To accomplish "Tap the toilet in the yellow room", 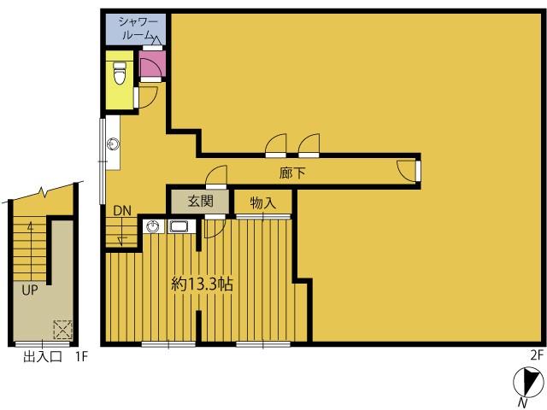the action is click(x=120, y=73).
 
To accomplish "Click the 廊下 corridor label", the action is click(x=292, y=173).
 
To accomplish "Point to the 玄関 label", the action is click(x=200, y=202).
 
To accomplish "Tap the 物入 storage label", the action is click(x=263, y=203).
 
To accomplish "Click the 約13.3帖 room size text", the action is click(x=202, y=284).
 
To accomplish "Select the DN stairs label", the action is click(x=122, y=211).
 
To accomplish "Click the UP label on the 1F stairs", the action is click(x=30, y=290).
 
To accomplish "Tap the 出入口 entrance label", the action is click(x=43, y=357).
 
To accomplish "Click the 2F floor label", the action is click(x=537, y=355).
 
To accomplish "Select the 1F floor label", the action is click(x=81, y=357).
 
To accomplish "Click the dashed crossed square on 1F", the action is click(x=62, y=330).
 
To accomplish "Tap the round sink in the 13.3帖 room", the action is click(x=153, y=226).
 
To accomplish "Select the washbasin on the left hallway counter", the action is click(x=114, y=143).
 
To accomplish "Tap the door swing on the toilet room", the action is click(x=146, y=97).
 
